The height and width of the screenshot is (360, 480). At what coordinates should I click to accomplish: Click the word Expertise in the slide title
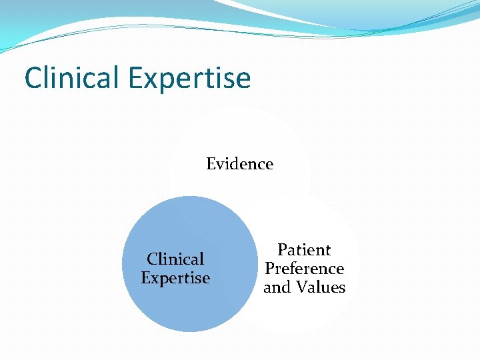click(x=189, y=79)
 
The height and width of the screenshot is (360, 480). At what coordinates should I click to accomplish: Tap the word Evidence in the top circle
click(x=239, y=164)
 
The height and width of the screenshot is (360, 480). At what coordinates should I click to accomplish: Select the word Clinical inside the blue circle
click(x=175, y=259)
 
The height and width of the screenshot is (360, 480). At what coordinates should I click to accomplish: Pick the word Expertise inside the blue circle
click(x=175, y=278)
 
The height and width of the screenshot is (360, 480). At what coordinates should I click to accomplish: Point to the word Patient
click(x=304, y=250)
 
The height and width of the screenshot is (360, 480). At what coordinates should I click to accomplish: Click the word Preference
click(x=304, y=269)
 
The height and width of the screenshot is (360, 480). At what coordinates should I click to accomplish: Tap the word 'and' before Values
click(x=277, y=287)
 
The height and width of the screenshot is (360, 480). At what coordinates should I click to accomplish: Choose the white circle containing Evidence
click(x=240, y=133)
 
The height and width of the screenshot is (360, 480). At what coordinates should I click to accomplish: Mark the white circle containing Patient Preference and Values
click(x=313, y=313)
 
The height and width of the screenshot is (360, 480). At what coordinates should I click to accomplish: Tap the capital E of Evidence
click(x=211, y=164)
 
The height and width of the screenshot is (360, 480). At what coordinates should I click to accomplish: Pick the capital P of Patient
click(x=282, y=250)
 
